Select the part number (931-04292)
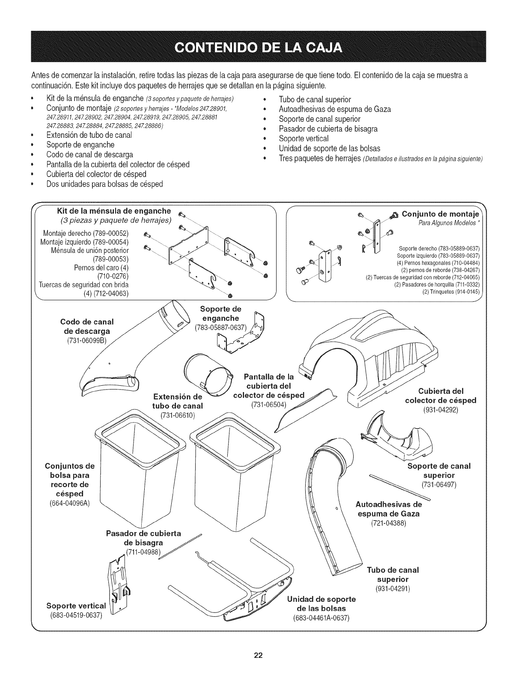(x=441, y=410)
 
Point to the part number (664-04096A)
(x=69, y=503)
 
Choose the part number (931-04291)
(x=393, y=589)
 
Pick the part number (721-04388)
(x=388, y=523)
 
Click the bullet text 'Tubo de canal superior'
(x=315, y=99)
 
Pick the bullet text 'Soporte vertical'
(x=304, y=139)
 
